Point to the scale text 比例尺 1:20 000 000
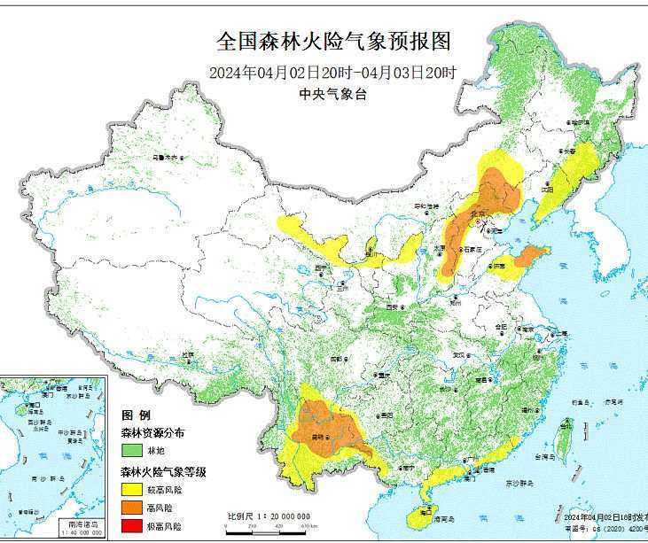269,516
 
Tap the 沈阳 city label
548,189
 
